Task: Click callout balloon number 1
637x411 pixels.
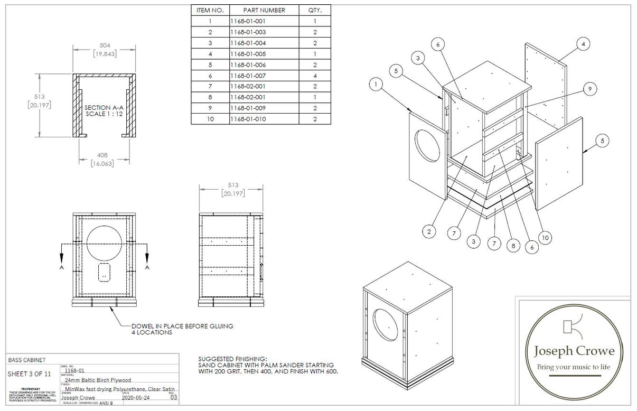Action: pos(376,83)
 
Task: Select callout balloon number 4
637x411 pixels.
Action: pos(583,44)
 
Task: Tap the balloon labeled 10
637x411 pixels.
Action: pos(546,238)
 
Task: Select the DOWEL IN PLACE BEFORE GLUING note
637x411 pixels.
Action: pos(182,326)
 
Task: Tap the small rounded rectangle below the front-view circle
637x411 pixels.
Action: pos(104,271)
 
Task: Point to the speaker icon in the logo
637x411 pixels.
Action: pos(571,326)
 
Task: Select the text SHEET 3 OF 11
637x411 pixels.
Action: pos(29,374)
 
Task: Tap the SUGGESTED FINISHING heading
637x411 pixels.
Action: pos(233,358)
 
